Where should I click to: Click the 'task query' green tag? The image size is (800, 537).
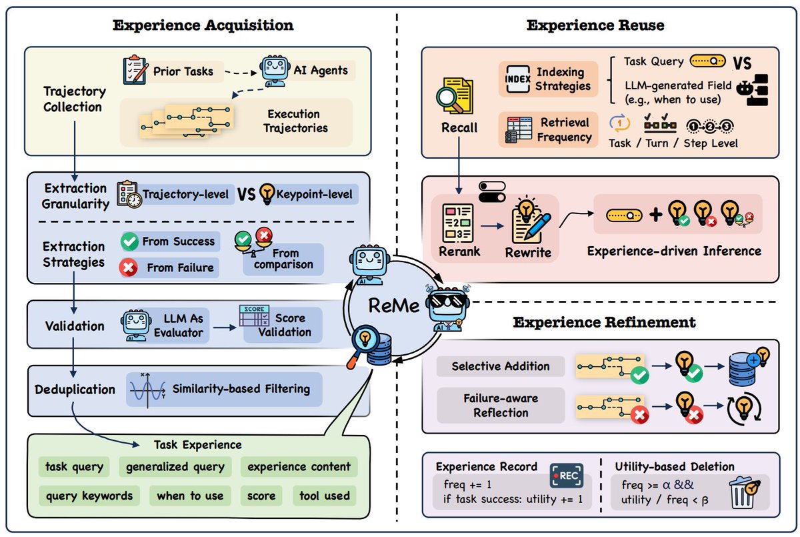coord(75,466)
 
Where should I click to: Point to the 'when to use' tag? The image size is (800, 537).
coord(189,496)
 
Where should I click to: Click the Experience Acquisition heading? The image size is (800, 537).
coord(203,26)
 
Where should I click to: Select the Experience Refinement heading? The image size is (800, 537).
coord(604,323)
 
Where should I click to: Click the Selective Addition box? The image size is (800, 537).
coord(500,366)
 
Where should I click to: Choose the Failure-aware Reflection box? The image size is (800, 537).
coord(500,405)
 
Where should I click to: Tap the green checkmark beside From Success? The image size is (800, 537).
coord(129,241)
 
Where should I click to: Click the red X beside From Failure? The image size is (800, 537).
coord(129,267)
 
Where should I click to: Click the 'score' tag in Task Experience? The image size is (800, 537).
coord(261,496)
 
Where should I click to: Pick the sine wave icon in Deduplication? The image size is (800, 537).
coord(147,388)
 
